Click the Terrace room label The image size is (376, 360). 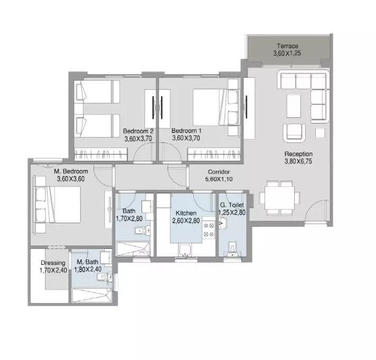tap(287, 46)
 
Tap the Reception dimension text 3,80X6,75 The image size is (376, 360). tap(298, 162)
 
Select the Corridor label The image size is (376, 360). tap(219, 172)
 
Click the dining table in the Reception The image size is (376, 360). tap(279, 198)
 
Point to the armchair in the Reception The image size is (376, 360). tap(294, 133)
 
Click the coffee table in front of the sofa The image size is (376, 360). tap(294, 106)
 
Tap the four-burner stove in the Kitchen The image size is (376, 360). tap(209, 230)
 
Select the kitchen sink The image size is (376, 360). tap(185, 250)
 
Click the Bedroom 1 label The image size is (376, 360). tap(186, 131)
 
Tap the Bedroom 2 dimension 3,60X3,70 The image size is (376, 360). tap(138, 138)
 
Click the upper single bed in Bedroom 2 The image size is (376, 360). tap(97, 92)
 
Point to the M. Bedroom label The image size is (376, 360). tap(71, 172)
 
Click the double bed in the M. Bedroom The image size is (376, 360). tap(58, 205)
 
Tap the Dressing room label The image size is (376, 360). tap(53, 263)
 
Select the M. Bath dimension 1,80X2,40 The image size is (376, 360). tap(88, 270)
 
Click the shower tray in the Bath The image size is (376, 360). tap(133, 249)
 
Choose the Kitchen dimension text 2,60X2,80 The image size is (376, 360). tap(186, 221)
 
